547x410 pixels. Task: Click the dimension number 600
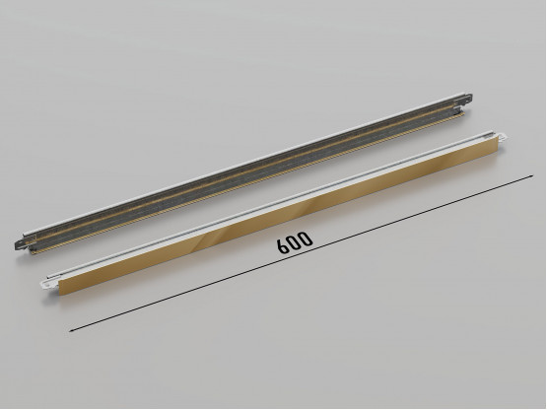click(x=296, y=241)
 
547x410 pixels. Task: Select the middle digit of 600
click(x=296, y=241)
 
